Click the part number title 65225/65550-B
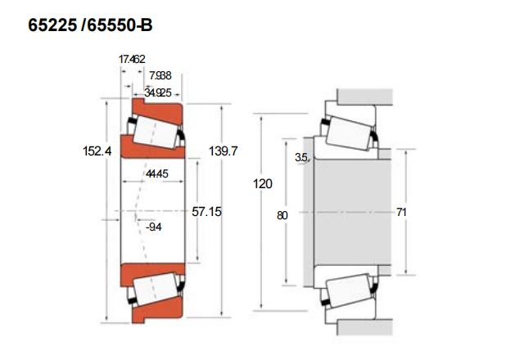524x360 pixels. [90, 25]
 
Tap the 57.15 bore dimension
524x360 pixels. [207, 211]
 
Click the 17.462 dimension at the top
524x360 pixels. [132, 59]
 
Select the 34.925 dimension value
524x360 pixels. [157, 92]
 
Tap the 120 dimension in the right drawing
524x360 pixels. [262, 185]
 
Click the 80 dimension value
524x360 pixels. [282, 216]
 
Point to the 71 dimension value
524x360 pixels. [401, 212]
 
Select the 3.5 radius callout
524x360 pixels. [301, 157]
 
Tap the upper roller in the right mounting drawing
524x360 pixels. [349, 131]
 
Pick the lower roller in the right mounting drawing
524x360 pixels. [349, 292]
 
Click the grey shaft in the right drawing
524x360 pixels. [344, 211]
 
